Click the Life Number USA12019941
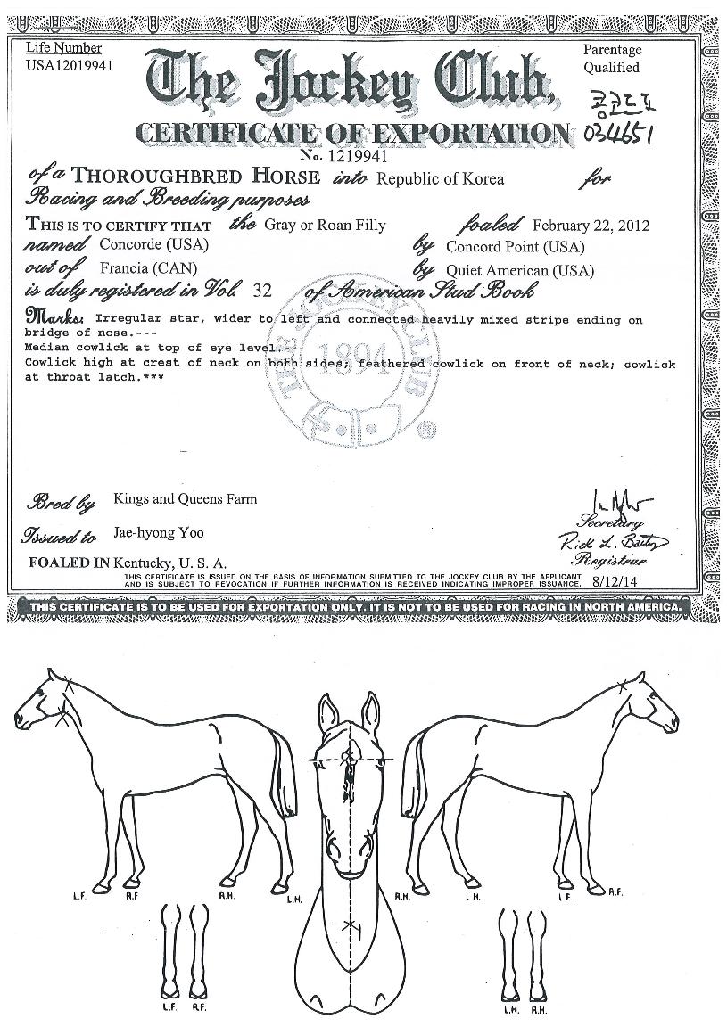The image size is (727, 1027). tap(70, 64)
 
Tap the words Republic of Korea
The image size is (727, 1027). tap(440, 178)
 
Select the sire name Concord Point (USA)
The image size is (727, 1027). tap(516, 246)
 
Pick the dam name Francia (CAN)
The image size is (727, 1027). tap(142, 267)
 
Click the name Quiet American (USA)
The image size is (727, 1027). tap(520, 270)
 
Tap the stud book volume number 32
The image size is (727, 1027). tap(267, 290)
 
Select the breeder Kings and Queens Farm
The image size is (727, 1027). tap(185, 499)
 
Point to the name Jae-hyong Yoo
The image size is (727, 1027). tap(159, 533)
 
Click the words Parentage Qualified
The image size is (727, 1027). tap(612, 59)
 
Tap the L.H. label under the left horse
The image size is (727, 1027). tap(294, 899)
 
